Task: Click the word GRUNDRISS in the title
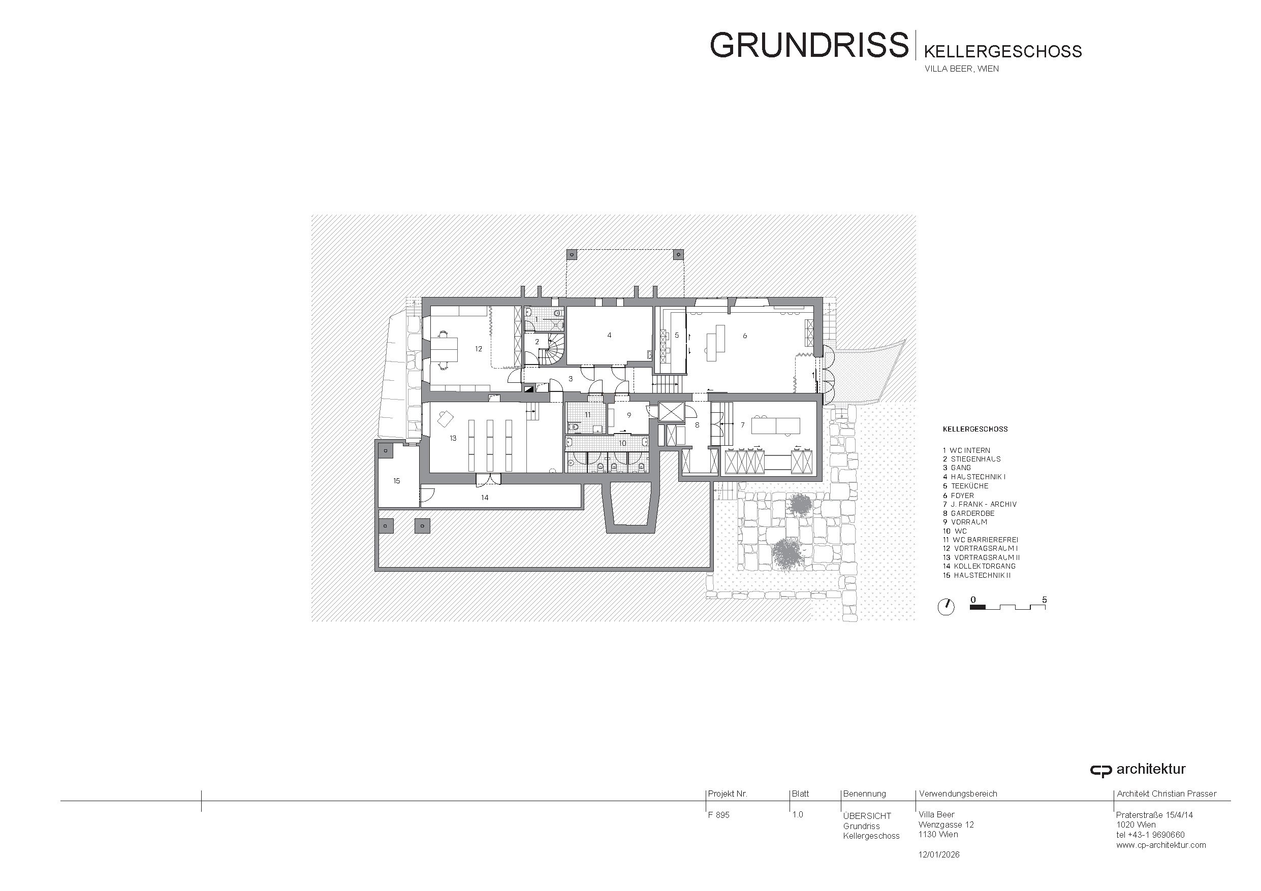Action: point(809,45)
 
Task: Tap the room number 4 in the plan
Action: point(609,336)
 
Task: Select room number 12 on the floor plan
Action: point(479,349)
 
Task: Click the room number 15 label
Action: point(396,481)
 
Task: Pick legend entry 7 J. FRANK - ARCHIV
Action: point(980,504)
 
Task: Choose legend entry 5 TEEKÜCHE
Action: point(965,486)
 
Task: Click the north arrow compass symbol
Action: point(946,607)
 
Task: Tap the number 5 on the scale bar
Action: point(1044,600)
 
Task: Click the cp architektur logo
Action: point(1138,770)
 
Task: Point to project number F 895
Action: point(719,815)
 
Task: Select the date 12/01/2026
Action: point(939,854)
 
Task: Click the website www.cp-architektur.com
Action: point(1161,845)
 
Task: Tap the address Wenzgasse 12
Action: point(947,824)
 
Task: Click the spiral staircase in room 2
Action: point(551,351)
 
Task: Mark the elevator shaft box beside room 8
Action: point(671,412)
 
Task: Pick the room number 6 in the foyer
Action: point(745,336)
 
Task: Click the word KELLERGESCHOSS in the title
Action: point(1003,52)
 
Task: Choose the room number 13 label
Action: point(453,439)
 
